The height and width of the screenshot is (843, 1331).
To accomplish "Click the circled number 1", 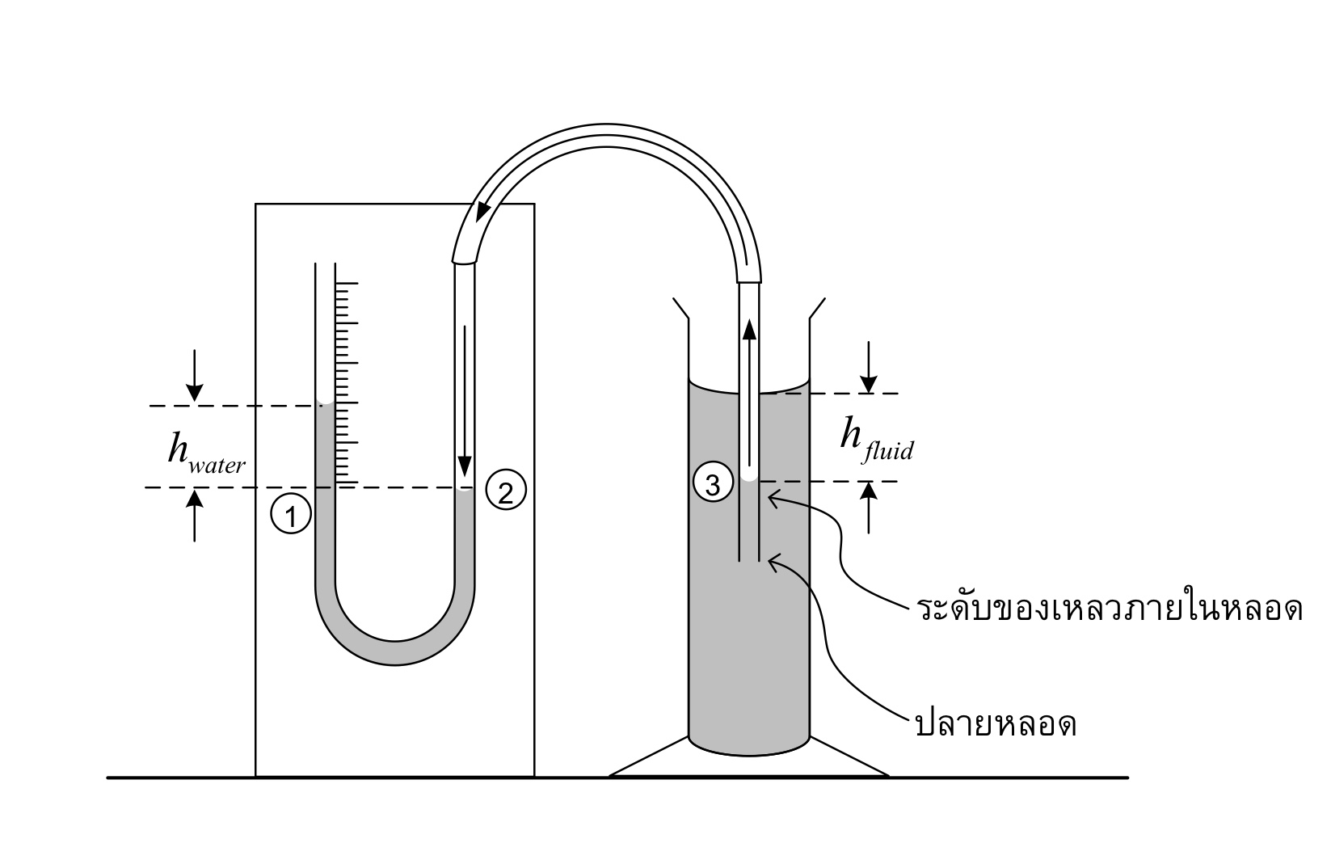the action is (x=291, y=514).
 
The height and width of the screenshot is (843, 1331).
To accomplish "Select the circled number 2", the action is (x=506, y=490).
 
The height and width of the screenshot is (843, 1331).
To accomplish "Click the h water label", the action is (x=205, y=454).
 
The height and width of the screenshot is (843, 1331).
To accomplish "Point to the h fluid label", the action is (x=877, y=440).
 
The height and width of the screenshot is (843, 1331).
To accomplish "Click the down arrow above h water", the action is (x=194, y=376).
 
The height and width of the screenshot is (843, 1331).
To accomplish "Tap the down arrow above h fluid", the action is (x=869, y=367).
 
